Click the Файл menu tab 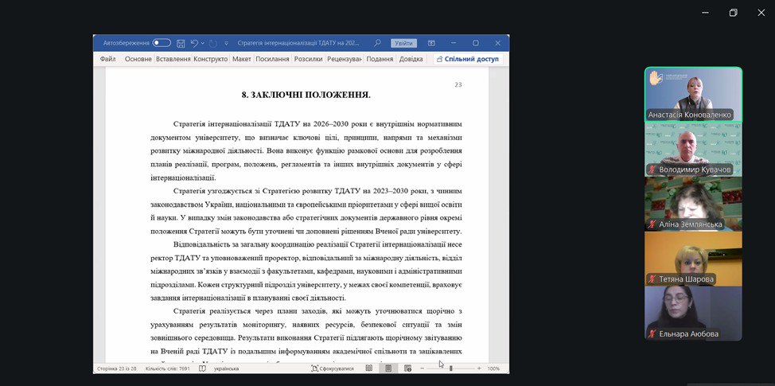coord(108,59)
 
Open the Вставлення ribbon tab coord(173,59)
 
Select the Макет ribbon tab coord(242,59)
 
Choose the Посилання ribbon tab coord(272,59)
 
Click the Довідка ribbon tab coord(411,59)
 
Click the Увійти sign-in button coord(403,43)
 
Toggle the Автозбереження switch coord(162,43)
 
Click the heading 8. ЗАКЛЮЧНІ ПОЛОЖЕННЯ coord(306,95)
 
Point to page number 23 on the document coord(458,84)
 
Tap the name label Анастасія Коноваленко coord(689,115)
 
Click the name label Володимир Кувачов coord(694,170)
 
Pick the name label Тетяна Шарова coord(686,279)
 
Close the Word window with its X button coord(497,43)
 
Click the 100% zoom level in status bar coord(493,368)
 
